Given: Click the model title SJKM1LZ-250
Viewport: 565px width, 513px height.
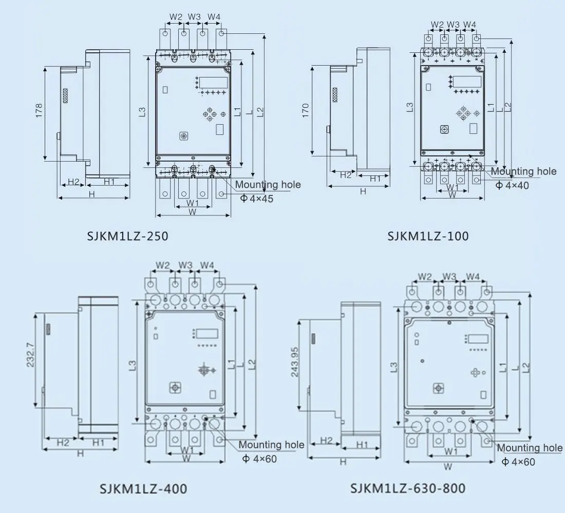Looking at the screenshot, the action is point(127,236).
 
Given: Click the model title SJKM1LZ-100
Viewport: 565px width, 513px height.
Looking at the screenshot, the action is point(428,236).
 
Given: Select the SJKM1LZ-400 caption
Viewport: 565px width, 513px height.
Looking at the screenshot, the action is point(143,488).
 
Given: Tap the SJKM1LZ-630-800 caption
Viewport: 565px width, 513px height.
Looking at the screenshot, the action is point(408,487).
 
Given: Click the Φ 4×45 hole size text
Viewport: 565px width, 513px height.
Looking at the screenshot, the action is point(257,198).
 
